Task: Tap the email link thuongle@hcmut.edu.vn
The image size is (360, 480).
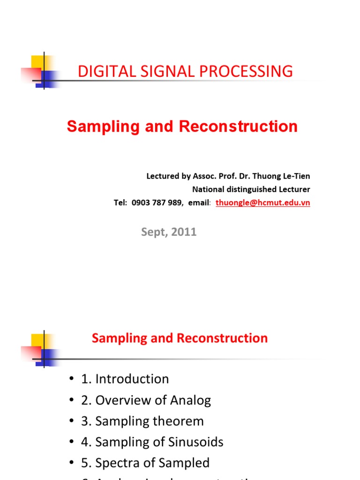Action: point(262,203)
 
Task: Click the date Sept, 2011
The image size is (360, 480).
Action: point(169,232)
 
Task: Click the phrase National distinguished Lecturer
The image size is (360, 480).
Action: point(251,189)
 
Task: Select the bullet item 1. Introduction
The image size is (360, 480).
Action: point(125,379)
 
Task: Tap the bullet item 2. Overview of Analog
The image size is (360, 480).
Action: point(146,400)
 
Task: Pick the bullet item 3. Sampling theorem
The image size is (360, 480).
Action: point(142,421)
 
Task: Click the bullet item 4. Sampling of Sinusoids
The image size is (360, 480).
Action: point(152,442)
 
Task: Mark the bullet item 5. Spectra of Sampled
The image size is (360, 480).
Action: point(145,463)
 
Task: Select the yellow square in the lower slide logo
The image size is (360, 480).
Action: point(37,339)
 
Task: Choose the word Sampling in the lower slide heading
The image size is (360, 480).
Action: point(116,338)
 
